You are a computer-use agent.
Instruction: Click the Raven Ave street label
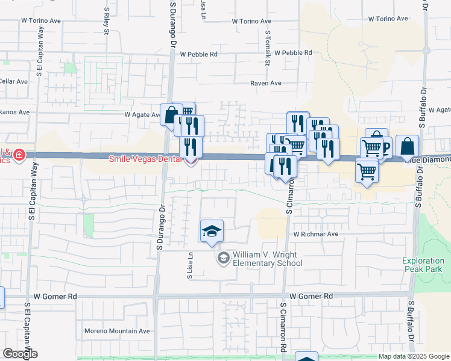pyautogui.click(x=266, y=84)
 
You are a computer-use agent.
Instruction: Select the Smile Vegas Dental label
pyautogui.click(x=146, y=159)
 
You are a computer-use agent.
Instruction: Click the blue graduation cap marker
pyautogui.click(x=212, y=231)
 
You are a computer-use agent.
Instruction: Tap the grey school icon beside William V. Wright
pyautogui.click(x=223, y=258)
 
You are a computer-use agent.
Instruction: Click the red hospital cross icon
pyautogui.click(x=20, y=156)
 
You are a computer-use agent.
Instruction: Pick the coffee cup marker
pyautogui.click(x=383, y=146)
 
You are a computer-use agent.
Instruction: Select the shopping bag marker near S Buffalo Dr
pyautogui.click(x=407, y=145)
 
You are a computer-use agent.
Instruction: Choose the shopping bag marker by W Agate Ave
pyautogui.click(x=171, y=114)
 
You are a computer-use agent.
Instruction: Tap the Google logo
pyautogui.click(x=20, y=354)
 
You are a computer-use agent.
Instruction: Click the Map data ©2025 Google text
pyautogui.click(x=414, y=357)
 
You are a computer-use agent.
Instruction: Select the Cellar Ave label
pyautogui.click(x=14, y=81)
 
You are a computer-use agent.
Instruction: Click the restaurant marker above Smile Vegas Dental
pyautogui.click(x=190, y=146)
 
